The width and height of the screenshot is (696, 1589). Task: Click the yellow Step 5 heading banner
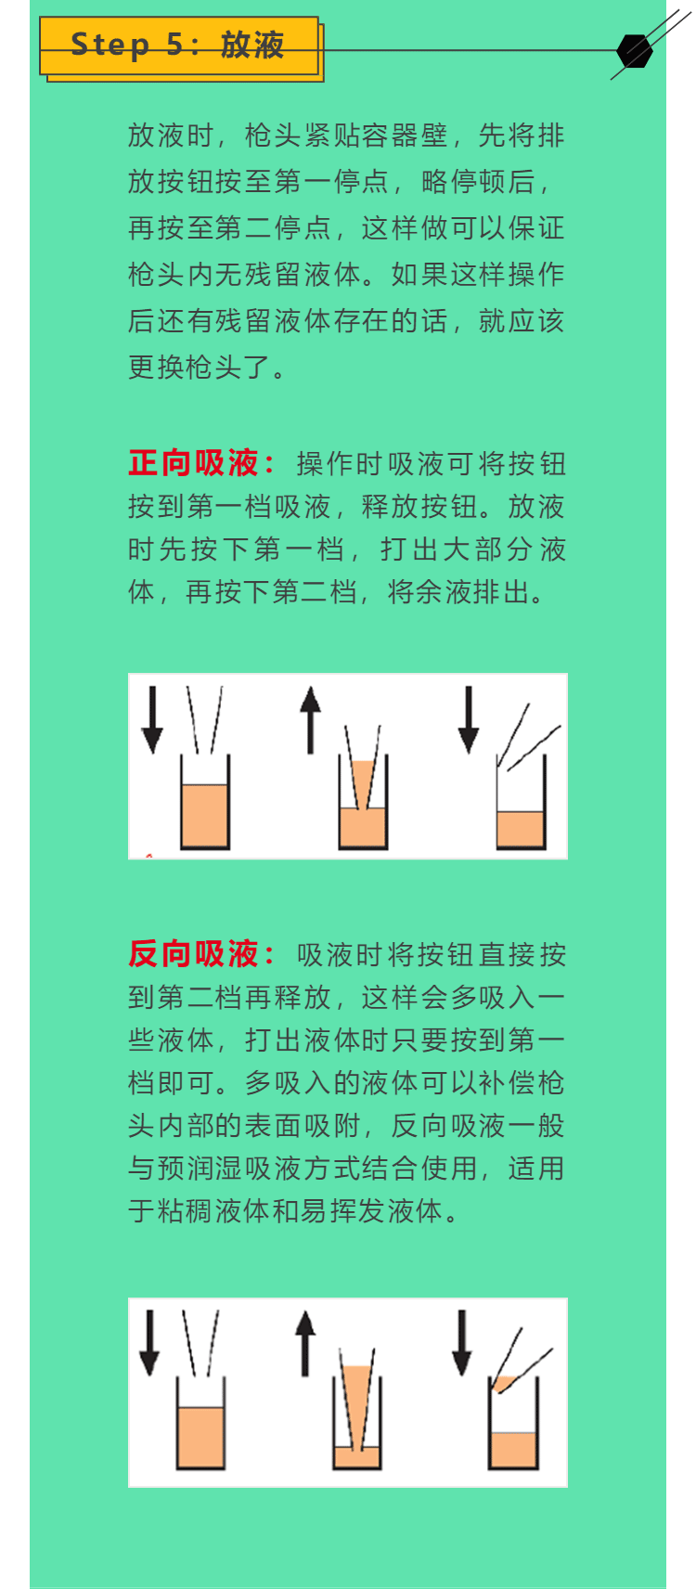coord(179,45)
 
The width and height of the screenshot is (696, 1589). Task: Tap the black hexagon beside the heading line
coord(634,50)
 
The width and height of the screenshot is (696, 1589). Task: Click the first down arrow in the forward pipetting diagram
coord(152,719)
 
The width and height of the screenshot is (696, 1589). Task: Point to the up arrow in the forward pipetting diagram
coord(310,719)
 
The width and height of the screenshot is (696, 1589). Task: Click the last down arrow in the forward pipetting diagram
coord(469,719)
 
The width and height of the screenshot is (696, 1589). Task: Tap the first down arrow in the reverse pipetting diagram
coord(149,1343)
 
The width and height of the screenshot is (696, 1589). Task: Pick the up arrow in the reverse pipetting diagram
coord(305,1343)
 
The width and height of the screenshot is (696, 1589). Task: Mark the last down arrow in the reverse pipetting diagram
coord(462,1343)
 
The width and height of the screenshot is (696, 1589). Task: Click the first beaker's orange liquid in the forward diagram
coord(204,814)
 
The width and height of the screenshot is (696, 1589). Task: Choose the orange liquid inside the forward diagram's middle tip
coord(363,783)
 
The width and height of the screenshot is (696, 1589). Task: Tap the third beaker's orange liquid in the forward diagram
coord(520,828)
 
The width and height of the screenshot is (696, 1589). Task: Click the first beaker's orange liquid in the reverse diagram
coord(200,1437)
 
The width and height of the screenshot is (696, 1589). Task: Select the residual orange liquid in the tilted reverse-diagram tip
coord(506,1383)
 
